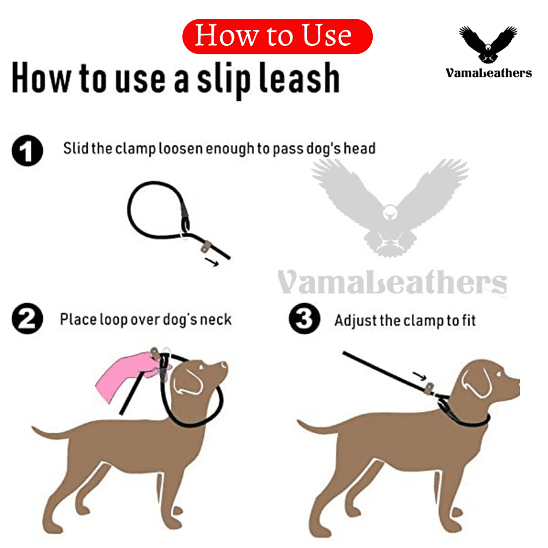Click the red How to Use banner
click(277, 36)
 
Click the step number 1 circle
click(27, 151)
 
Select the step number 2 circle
click(27, 319)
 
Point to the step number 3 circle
click(304, 319)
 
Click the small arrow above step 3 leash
click(419, 376)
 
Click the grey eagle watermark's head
click(390, 212)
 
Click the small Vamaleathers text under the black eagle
click(488, 73)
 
